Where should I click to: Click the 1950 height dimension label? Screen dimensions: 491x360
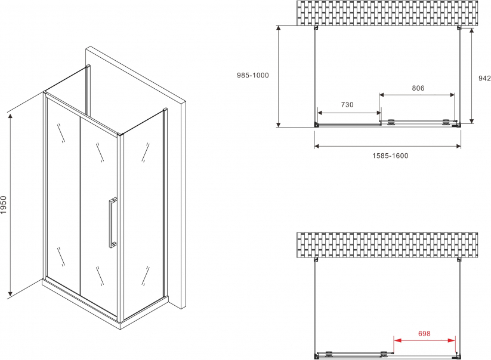(4, 205)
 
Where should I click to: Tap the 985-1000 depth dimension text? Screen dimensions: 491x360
(253, 75)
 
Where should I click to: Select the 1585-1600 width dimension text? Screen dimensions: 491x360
(390, 156)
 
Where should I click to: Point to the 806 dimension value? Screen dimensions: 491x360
(418, 88)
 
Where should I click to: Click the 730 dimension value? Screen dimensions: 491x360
(347, 104)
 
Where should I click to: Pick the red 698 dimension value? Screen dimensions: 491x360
(424, 334)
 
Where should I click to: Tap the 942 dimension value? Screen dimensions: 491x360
(484, 78)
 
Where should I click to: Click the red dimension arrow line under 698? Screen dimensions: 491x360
(424, 340)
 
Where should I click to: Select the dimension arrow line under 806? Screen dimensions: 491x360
(417, 94)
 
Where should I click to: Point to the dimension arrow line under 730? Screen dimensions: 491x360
(349, 113)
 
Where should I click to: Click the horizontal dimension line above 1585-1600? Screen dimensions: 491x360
(388, 146)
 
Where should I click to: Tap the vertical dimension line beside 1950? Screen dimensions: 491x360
(10, 205)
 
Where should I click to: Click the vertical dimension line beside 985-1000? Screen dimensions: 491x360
(279, 76)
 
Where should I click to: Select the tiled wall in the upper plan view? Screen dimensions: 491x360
(387, 13)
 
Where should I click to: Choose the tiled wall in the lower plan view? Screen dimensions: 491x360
(387, 245)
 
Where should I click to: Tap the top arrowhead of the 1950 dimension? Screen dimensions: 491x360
(10, 116)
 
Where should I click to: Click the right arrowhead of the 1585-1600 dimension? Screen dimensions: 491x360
(458, 146)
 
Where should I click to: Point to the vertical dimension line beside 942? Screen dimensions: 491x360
(471, 76)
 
